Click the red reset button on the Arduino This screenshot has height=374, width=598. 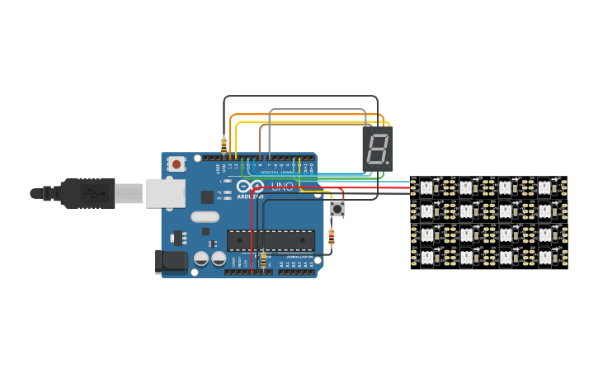point(177,164)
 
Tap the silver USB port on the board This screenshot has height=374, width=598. point(163,192)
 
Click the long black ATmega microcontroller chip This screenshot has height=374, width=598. point(271,240)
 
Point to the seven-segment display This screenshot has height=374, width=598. point(377,149)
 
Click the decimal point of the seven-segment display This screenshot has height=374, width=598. point(388,163)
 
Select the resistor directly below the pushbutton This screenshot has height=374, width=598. point(332,238)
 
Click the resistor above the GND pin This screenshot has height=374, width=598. point(224,145)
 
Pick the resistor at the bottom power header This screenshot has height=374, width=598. point(263,260)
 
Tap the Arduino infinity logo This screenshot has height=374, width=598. point(253,187)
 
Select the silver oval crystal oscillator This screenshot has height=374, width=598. point(205,217)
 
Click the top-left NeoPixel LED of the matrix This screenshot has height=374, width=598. point(426,187)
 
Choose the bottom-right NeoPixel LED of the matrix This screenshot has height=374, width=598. point(544,258)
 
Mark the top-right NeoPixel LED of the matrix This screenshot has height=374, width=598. point(544,187)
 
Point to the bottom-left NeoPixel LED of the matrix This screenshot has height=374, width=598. point(426,258)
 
